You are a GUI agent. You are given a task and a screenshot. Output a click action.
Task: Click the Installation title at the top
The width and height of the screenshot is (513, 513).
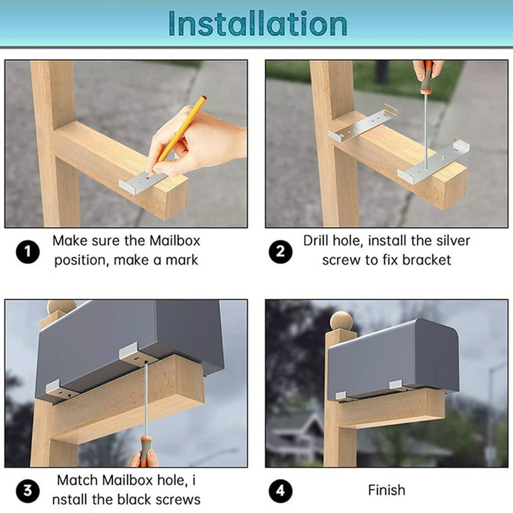257,23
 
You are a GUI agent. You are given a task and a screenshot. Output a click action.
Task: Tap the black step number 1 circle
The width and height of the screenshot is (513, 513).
28,252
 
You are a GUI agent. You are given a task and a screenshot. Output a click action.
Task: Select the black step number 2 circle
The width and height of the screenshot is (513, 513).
281,252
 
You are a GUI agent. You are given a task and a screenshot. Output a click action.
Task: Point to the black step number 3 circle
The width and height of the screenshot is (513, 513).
28,491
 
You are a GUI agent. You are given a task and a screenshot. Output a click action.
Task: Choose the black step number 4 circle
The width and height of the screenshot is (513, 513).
281,491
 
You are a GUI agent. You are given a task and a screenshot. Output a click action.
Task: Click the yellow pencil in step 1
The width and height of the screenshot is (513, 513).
178,134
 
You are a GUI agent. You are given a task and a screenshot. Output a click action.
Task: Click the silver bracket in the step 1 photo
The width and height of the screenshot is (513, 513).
144,182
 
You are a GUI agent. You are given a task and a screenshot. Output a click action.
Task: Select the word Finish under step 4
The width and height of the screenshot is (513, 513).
387,490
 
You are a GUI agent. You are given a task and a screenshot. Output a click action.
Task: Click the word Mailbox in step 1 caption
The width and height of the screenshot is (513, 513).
175,240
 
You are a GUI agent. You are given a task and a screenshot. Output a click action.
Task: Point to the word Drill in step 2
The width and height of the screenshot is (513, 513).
315,240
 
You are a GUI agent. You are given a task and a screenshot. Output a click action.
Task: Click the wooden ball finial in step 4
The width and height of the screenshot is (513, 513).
341,321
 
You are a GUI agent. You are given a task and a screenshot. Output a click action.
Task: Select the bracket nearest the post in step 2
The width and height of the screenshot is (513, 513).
363,123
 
